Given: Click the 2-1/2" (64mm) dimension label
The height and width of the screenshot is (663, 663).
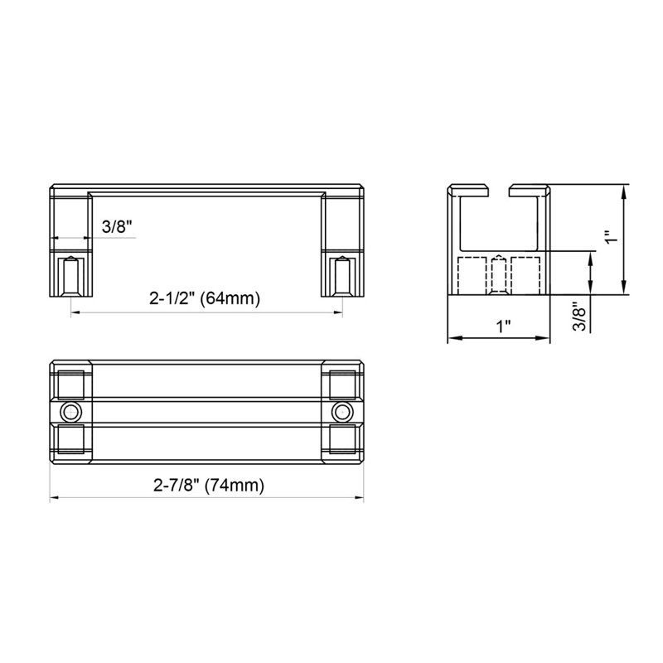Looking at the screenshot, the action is pyautogui.click(x=205, y=298).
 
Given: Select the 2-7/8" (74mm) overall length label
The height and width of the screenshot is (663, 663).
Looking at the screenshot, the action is pyautogui.click(x=209, y=485).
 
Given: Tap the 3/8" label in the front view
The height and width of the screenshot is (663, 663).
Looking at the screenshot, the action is pyautogui.click(x=117, y=227).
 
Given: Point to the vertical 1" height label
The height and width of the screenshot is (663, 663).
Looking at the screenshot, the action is pyautogui.click(x=611, y=237).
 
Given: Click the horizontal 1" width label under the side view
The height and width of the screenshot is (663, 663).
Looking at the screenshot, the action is pyautogui.click(x=503, y=327).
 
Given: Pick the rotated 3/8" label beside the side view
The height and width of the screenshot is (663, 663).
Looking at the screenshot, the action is pyautogui.click(x=579, y=317).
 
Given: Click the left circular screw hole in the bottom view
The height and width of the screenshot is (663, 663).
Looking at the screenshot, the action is pyautogui.click(x=70, y=412).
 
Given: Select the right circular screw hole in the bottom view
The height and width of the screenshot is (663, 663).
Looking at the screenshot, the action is pyautogui.click(x=341, y=412).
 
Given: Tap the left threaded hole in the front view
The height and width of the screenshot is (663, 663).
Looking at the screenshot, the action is pyautogui.click(x=71, y=276).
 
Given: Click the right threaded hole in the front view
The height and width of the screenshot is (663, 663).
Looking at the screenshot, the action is pyautogui.click(x=342, y=276).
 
